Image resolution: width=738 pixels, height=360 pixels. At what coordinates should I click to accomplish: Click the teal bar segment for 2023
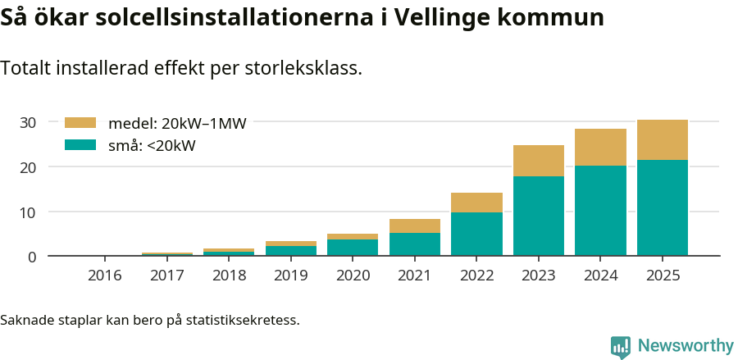coord(539,216)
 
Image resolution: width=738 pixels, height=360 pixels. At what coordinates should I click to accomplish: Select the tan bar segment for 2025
coord(663,140)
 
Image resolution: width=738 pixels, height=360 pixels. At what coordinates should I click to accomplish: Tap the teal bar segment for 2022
coord(476,234)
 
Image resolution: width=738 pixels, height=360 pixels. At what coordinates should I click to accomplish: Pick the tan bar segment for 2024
coord(600,148)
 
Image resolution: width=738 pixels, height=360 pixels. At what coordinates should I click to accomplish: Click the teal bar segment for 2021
coord(415,244)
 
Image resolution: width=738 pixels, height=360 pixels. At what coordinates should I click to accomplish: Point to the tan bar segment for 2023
coord(539,161)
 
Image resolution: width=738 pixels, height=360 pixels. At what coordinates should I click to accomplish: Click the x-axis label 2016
coord(105,275)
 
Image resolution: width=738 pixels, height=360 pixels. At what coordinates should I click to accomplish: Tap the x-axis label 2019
coord(290,275)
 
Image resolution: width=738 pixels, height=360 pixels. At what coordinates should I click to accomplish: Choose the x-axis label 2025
coord(663,275)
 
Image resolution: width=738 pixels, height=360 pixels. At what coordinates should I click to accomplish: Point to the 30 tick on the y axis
coord(29,122)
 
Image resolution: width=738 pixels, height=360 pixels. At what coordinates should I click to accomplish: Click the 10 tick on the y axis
coord(29,212)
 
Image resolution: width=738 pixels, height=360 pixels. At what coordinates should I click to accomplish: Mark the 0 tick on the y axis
coord(32,257)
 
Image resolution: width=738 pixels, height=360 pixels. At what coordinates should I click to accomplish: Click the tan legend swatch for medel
coord(80,123)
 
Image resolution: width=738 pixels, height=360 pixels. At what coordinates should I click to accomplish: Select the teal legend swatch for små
coord(80,145)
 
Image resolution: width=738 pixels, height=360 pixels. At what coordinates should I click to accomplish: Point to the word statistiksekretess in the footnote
coord(242,319)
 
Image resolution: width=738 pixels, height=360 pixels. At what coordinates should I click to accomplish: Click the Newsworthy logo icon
coord(621,346)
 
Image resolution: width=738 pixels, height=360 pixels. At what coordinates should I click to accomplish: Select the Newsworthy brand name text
coord(686,346)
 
